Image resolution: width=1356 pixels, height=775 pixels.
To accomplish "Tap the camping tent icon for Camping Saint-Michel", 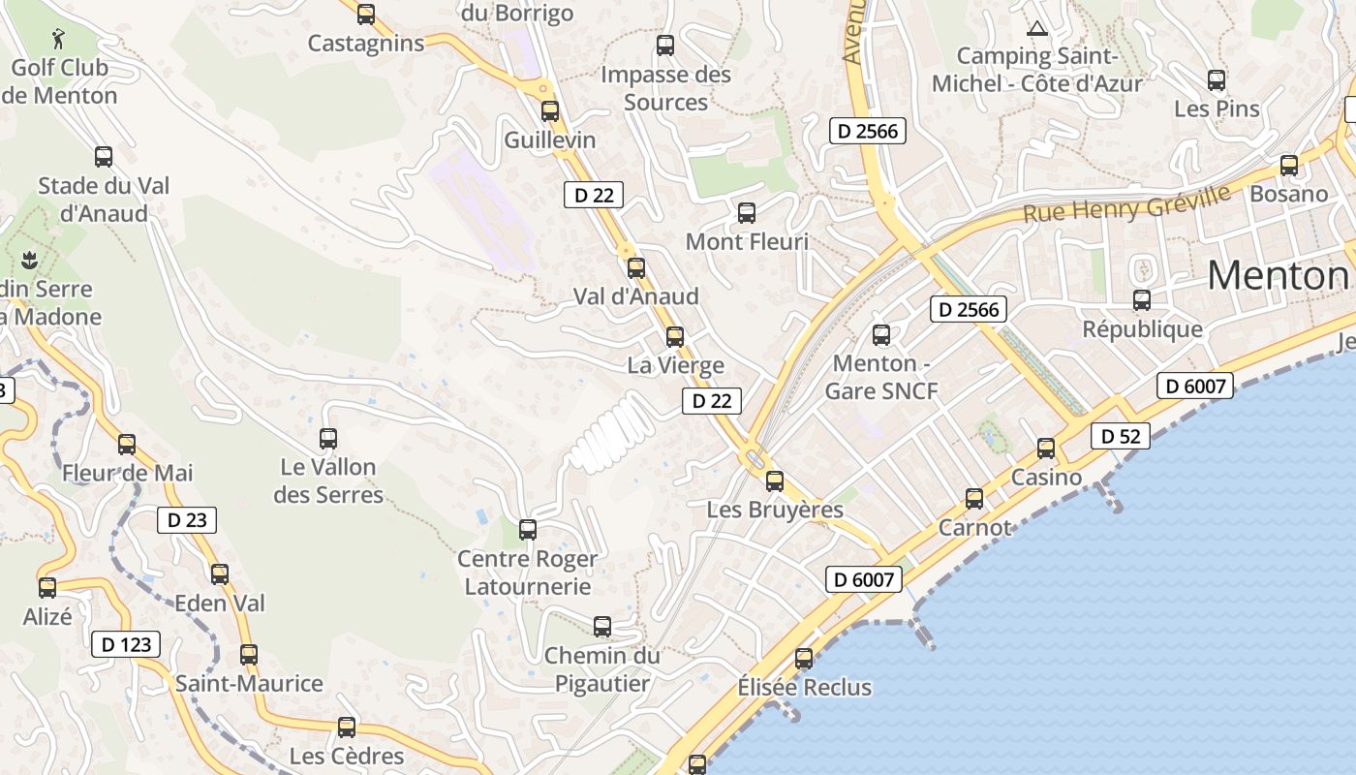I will pos(1037,28).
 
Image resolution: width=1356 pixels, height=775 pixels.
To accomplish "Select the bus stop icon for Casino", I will pos(1046,448).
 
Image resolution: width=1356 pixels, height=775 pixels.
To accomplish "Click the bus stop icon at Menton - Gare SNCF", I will pos(880,334).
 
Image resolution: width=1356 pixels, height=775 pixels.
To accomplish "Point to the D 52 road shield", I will pos(1121,436).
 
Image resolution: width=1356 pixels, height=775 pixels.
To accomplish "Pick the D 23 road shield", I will pos(187,520).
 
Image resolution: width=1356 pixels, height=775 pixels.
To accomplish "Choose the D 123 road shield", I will pos(126,644).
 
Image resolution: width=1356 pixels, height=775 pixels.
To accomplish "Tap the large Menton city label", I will pos(1278,276).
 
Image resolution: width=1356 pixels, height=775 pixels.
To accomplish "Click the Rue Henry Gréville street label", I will pos(1126,204).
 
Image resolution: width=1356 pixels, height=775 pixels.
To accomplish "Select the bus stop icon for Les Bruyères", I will pos(774,480).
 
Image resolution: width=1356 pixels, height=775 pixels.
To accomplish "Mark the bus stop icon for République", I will pos(1142,300).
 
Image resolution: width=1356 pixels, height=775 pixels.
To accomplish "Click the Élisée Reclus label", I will pos(804,688).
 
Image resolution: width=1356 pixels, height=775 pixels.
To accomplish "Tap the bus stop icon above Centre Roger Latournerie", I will pos(528,530).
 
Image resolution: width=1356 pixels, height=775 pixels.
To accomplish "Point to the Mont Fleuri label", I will pos(747,241).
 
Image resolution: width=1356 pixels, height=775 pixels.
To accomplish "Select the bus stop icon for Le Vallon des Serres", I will pos(328,438).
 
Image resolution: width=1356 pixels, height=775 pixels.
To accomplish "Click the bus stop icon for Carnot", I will pos(974,499).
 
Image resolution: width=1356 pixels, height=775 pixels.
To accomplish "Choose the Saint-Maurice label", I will pos(249,683).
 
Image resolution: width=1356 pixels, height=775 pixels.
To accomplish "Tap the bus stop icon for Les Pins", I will pos(1217,79).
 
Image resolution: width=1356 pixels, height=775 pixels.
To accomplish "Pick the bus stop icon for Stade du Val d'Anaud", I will pos(104,156).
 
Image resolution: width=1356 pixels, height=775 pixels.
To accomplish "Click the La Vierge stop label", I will pos(675,365).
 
